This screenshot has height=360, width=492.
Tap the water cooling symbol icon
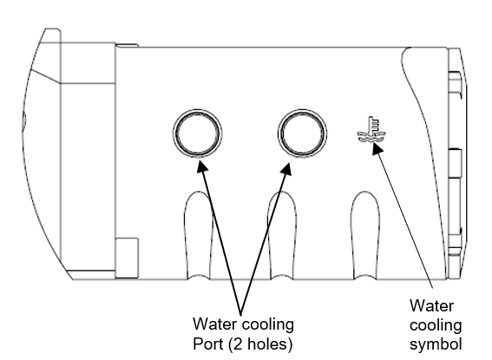[371, 129]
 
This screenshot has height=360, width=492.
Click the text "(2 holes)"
[260, 344]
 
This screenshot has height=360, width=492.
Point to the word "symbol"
[436, 344]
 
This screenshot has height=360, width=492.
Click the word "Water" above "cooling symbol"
[431, 305]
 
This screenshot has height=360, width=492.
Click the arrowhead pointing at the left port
[202, 167]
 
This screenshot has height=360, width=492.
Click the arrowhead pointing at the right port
[286, 169]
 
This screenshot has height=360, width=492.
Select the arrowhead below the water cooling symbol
[377, 148]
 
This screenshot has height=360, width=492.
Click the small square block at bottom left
[127, 259]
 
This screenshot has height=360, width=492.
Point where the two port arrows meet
[241, 313]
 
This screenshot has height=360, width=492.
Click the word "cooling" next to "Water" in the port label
[267, 325]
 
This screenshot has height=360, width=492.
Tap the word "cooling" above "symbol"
[436, 326]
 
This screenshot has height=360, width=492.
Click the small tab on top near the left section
[127, 45]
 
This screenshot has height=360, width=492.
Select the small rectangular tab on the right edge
[456, 163]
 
